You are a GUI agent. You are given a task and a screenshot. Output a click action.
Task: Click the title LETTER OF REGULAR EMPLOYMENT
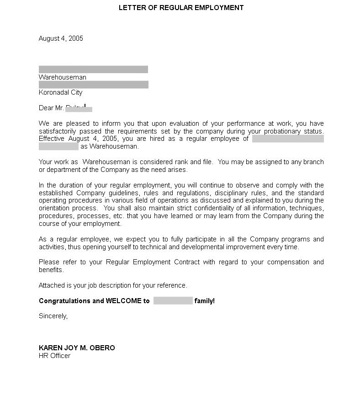coord(181,8)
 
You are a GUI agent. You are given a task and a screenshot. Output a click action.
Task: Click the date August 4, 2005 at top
coord(61,38)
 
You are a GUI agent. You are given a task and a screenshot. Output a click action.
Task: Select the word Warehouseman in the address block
coord(62,77)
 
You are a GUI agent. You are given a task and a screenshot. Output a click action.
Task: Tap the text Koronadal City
coord(60,92)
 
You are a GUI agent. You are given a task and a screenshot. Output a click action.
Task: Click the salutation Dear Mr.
coord(51,108)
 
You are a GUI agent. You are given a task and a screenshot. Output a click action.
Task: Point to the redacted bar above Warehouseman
coord(93,70)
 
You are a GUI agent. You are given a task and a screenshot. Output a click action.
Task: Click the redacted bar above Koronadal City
coord(93,85)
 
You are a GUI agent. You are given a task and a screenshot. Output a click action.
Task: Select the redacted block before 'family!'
coord(173,301)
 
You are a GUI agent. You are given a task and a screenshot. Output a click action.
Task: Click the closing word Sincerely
coord(53,316)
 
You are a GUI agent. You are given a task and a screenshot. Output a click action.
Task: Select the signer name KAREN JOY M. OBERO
coord(77,348)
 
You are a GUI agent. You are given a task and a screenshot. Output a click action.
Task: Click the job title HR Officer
coord(54,356)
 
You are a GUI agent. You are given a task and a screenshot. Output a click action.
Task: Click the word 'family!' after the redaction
coord(205,301)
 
